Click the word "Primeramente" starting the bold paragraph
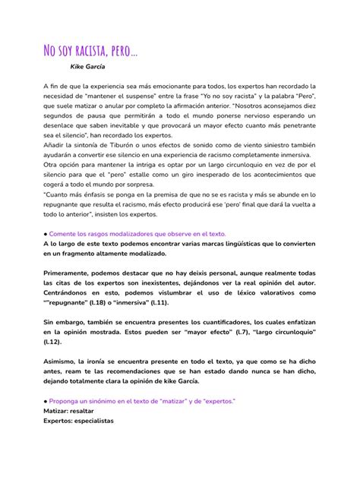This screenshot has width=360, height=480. click(x=68, y=272)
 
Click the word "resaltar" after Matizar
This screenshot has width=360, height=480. click(x=84, y=409)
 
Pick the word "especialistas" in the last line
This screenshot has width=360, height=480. click(x=93, y=419)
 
